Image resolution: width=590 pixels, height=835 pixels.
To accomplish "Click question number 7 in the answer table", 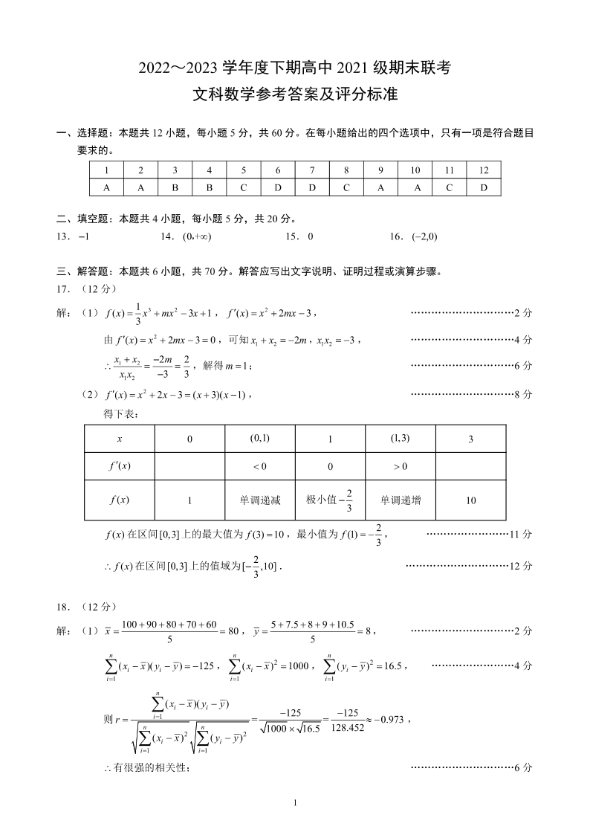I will coord(312,170).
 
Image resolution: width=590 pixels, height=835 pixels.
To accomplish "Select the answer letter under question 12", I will coord(484,187).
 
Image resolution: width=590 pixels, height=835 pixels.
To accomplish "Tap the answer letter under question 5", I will coord(243,187).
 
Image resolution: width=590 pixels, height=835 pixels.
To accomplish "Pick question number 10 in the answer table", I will coord(415,170).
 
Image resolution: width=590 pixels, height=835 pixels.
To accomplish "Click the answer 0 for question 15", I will coord(310,236).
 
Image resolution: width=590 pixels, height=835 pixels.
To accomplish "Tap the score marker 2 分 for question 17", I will coord(523,313).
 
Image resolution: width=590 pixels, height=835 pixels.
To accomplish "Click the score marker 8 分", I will coord(523,394).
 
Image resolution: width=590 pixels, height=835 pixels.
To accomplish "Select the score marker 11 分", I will coord(520,535).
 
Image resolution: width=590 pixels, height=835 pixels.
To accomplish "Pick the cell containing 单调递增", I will coord(400,500).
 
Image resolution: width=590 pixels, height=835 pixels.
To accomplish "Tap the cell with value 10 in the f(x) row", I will coord(470,500).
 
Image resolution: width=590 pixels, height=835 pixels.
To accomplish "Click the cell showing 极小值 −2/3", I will coord(329,500).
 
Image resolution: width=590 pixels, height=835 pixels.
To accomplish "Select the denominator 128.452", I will coord(347,729).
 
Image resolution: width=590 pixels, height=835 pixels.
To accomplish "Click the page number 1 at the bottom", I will coord(296,802).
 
